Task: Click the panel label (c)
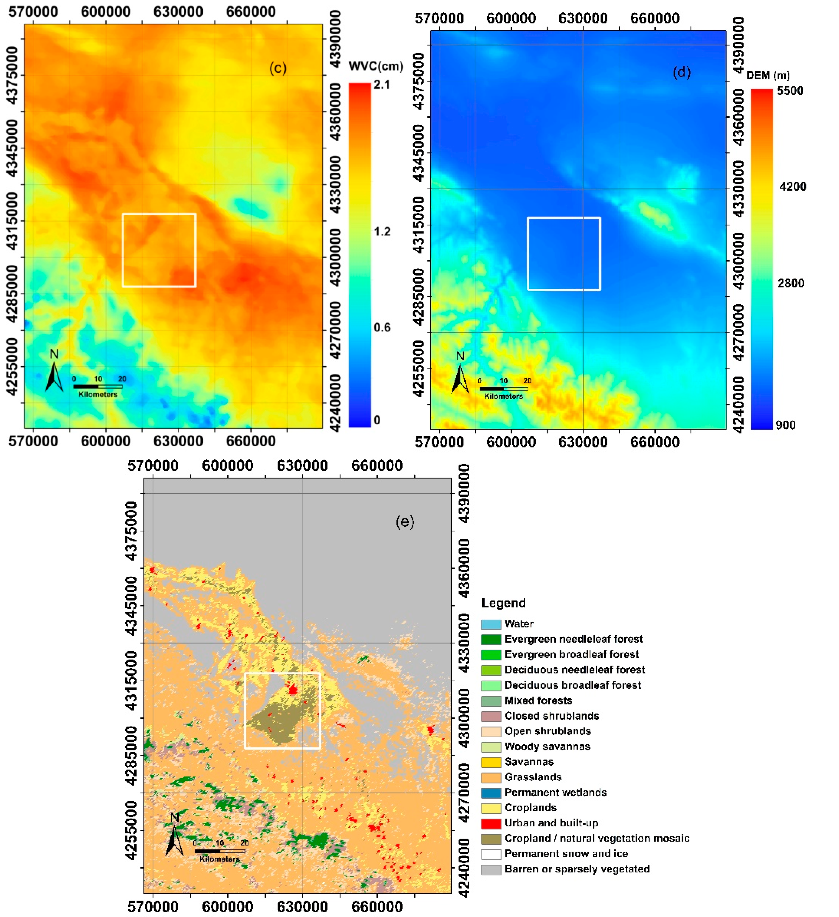pos(278,68)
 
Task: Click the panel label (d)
pos(681,72)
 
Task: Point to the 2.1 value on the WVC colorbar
pos(382,85)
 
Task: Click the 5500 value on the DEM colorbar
pos(790,91)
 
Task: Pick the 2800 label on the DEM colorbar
pos(791,283)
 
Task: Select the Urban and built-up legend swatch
pos(491,823)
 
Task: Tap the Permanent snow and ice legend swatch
pos(491,854)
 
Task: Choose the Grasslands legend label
pos(533,777)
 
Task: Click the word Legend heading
pos(503,603)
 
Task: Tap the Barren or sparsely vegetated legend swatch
pos(491,869)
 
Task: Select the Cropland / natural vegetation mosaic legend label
pos(596,838)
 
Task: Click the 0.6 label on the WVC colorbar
pos(382,328)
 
